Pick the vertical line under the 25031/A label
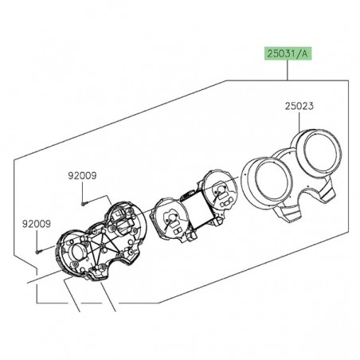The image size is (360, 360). point(288,72)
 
